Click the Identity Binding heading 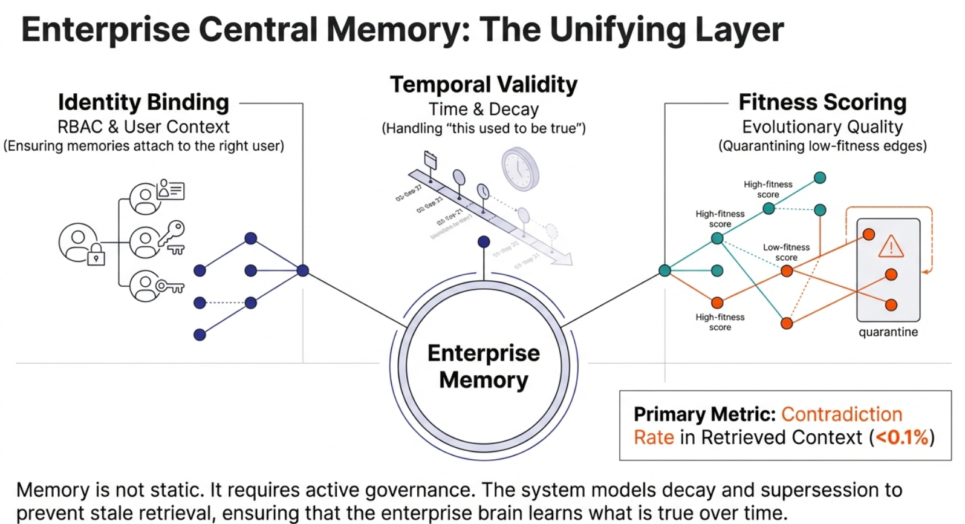point(143,102)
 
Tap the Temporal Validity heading point(484,85)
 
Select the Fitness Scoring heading point(822,102)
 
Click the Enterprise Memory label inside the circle point(484,366)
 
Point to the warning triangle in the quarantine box point(891,247)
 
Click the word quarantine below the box point(888,332)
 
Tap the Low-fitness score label point(786,252)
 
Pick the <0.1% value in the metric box point(902,437)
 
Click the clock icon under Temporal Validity point(520,169)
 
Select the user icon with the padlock point(80,243)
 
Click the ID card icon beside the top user point(171,189)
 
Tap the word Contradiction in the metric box point(842,414)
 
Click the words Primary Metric point(704,414)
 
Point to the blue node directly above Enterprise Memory point(484,242)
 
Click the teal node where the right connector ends point(664,270)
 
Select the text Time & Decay point(484,110)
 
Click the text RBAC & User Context point(143,127)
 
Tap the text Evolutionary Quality point(822,127)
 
